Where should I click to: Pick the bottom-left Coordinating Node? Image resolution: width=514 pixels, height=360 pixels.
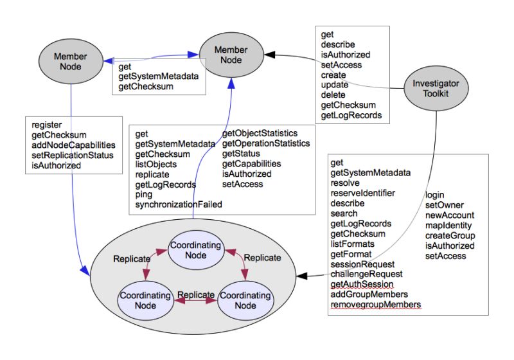click(x=144, y=300)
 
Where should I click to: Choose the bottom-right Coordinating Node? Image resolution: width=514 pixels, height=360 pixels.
click(x=244, y=300)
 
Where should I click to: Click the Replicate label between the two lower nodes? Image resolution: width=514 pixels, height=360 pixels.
click(x=195, y=294)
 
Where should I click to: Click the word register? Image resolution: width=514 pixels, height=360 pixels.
click(x=47, y=125)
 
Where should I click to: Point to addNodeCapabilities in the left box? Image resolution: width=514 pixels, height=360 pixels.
click(x=73, y=145)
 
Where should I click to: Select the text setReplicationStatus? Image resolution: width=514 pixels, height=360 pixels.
click(x=72, y=156)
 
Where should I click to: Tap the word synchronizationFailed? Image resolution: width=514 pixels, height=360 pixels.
click(x=179, y=204)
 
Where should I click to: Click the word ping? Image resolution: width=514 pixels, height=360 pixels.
click(x=144, y=194)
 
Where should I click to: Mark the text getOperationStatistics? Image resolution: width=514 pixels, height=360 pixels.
click(x=265, y=143)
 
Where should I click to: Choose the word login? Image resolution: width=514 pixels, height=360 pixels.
click(x=435, y=194)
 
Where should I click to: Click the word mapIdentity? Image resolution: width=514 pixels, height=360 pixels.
click(x=448, y=225)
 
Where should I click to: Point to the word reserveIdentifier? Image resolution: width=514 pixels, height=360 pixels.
click(x=362, y=193)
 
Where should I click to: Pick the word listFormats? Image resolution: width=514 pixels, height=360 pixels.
click(x=352, y=244)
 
